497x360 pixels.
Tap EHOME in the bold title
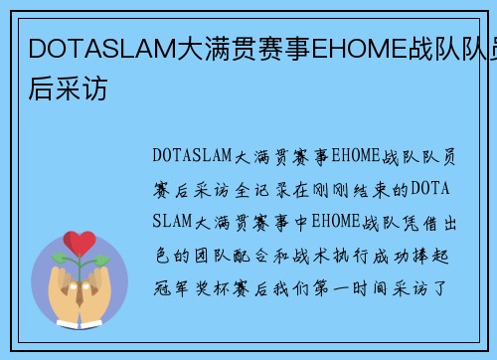tap(355, 48)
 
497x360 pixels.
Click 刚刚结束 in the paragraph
tap(339, 189)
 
